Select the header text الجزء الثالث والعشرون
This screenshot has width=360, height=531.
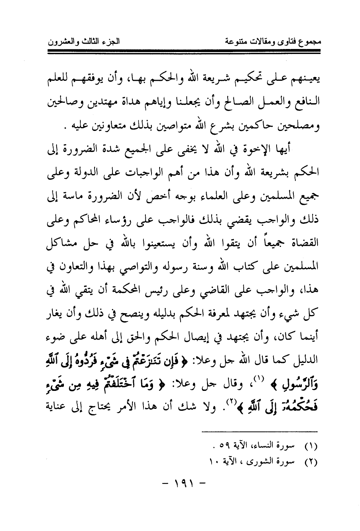[84, 41]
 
